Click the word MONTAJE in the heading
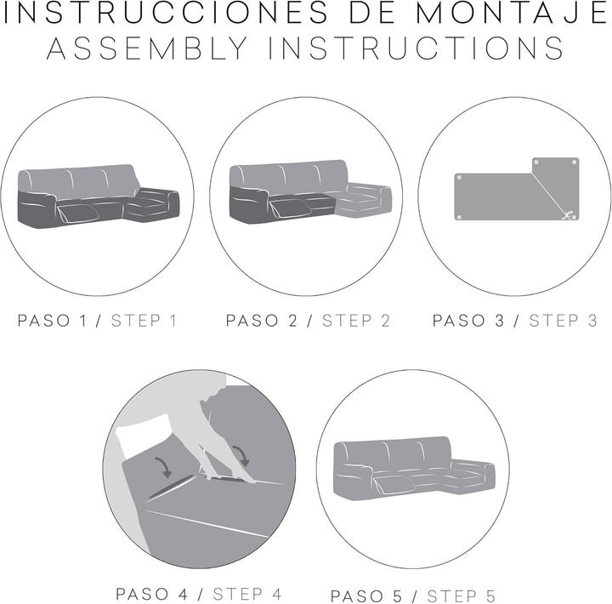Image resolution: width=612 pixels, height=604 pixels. click(513, 13)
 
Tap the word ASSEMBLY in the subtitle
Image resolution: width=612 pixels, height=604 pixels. click(147, 48)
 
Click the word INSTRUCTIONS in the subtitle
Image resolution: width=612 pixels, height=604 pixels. click(416, 48)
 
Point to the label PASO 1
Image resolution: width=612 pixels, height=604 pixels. click(52, 321)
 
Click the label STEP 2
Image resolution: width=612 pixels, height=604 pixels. click(356, 321)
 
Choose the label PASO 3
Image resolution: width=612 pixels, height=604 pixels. click(468, 321)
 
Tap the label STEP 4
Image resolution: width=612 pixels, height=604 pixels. click(247, 595)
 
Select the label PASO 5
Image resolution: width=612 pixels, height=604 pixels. click(365, 596)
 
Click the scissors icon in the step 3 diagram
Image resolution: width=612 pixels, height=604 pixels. click(568, 214)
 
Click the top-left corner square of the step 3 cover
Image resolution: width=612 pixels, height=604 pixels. click(459, 178)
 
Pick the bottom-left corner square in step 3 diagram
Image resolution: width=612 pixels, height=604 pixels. click(459, 217)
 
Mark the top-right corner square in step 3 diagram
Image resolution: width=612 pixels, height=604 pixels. click(574, 162)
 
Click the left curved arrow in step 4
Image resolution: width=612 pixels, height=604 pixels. click(164, 467)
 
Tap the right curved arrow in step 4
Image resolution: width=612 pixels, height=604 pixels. click(241, 455)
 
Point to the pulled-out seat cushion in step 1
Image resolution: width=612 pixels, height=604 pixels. click(77, 213)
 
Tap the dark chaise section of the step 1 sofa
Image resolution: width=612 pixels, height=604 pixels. click(152, 205)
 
